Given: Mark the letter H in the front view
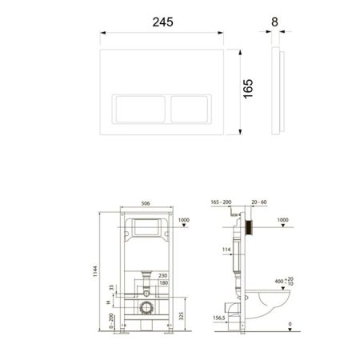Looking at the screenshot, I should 110,303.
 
